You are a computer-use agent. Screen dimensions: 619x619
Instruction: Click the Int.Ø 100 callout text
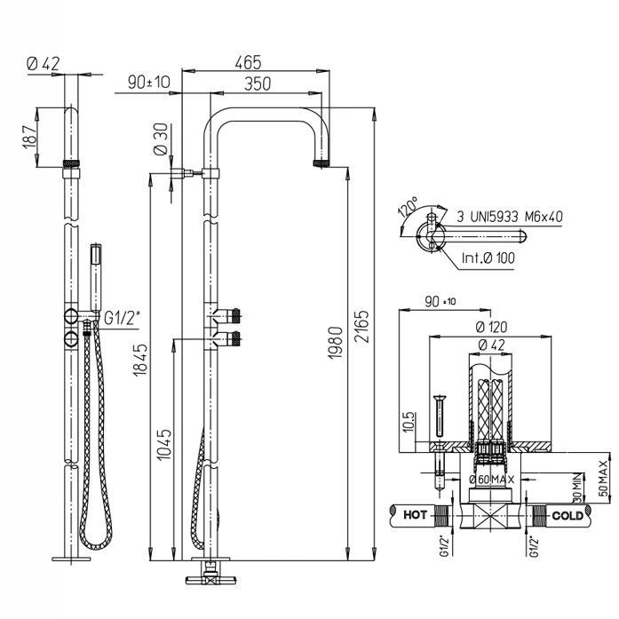coord(486,259)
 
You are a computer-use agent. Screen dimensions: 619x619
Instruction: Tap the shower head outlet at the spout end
coord(322,164)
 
